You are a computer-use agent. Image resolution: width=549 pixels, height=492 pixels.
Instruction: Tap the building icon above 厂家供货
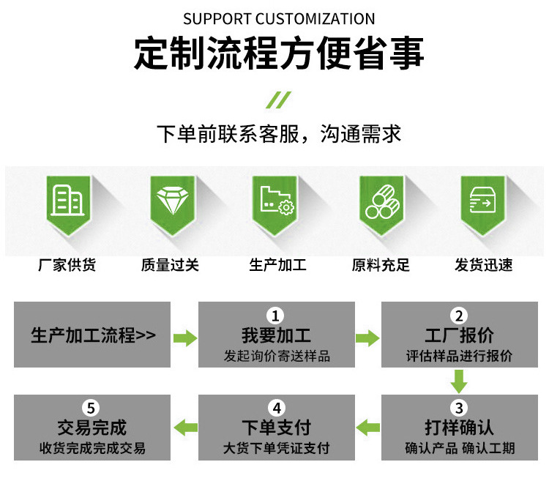[67, 200]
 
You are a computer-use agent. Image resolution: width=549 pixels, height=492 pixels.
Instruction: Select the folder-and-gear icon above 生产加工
[277, 200]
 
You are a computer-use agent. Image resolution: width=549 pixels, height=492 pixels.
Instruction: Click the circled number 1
[275, 316]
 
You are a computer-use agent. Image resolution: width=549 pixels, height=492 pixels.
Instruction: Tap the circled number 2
[459, 316]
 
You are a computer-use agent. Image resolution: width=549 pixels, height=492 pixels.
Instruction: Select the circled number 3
[459, 408]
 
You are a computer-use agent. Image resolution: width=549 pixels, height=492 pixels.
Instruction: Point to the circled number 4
[275, 408]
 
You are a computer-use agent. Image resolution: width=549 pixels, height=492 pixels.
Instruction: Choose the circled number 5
[91, 408]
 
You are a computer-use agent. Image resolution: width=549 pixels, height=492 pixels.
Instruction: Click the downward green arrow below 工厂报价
[459, 381]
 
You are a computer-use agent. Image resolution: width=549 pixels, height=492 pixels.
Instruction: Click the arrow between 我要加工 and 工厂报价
[367, 338]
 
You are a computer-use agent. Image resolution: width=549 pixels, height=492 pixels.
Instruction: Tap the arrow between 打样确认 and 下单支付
[367, 428]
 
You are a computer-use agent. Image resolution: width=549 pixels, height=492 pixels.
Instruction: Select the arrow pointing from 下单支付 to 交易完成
[184, 428]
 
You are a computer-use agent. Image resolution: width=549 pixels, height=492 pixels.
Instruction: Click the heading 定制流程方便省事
[279, 53]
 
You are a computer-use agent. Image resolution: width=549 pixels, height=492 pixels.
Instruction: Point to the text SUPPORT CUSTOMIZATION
[279, 19]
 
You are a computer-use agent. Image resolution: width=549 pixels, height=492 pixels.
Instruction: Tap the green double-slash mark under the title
[278, 100]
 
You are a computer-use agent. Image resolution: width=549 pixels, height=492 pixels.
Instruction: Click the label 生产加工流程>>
[93, 336]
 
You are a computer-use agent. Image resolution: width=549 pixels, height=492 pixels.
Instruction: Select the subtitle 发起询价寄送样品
[277, 357]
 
